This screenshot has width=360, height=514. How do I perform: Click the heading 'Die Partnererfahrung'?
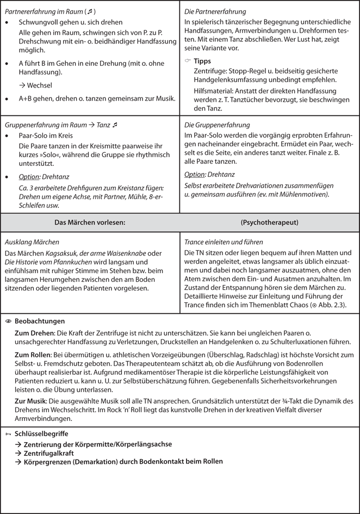click(x=215, y=11)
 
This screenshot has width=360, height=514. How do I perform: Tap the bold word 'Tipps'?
click(x=202, y=61)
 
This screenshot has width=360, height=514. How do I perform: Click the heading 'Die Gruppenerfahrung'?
click(x=217, y=125)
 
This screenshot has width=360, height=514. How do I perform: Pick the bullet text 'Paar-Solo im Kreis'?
click(x=46, y=135)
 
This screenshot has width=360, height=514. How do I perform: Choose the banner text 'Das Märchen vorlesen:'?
click(x=90, y=222)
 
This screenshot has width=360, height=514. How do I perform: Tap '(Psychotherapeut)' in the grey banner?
click(x=269, y=222)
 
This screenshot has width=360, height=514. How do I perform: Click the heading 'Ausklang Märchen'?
click(x=32, y=242)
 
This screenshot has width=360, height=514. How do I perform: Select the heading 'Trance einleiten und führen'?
click(x=224, y=242)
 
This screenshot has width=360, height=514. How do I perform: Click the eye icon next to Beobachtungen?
click(x=8, y=321)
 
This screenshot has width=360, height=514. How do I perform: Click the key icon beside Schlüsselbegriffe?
click(x=8, y=434)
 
